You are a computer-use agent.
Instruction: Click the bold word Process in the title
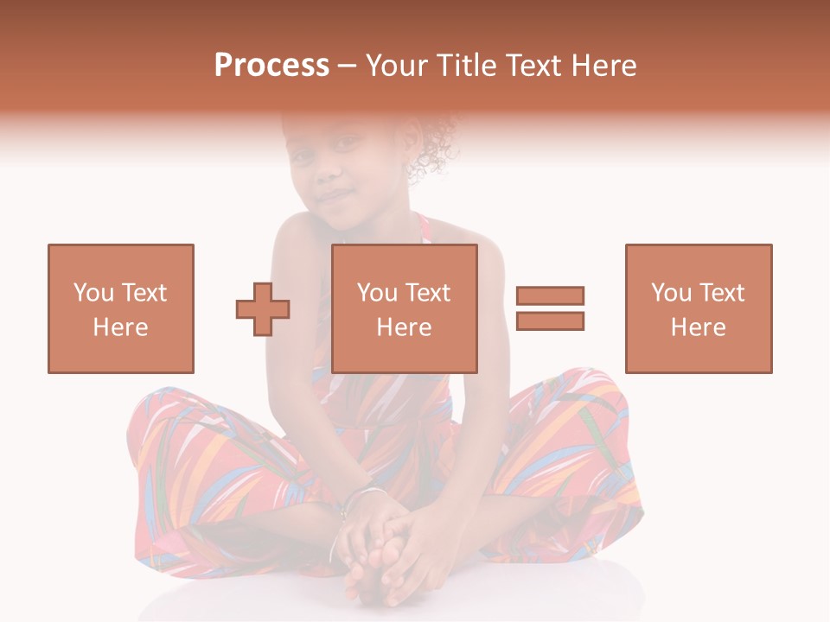pos(271,66)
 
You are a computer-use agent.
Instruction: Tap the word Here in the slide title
pos(603,66)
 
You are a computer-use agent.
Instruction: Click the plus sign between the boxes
pos(263,309)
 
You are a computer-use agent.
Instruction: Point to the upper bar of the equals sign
pos(550,296)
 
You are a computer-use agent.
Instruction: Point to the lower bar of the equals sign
pos(550,321)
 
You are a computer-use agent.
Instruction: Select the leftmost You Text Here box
pos(121,308)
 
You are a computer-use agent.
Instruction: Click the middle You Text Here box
pos(405,308)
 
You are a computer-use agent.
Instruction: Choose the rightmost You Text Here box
pos(699,308)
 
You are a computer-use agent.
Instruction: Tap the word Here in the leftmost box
pos(120,327)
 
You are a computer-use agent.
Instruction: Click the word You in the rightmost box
pos(670,293)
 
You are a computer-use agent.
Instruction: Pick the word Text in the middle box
pos(429,293)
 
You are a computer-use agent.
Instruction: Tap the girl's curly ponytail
pos(437,147)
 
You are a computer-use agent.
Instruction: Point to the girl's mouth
pos(333,197)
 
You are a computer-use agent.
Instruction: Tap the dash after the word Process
pos(348,67)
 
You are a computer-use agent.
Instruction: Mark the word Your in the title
pos(397,66)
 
